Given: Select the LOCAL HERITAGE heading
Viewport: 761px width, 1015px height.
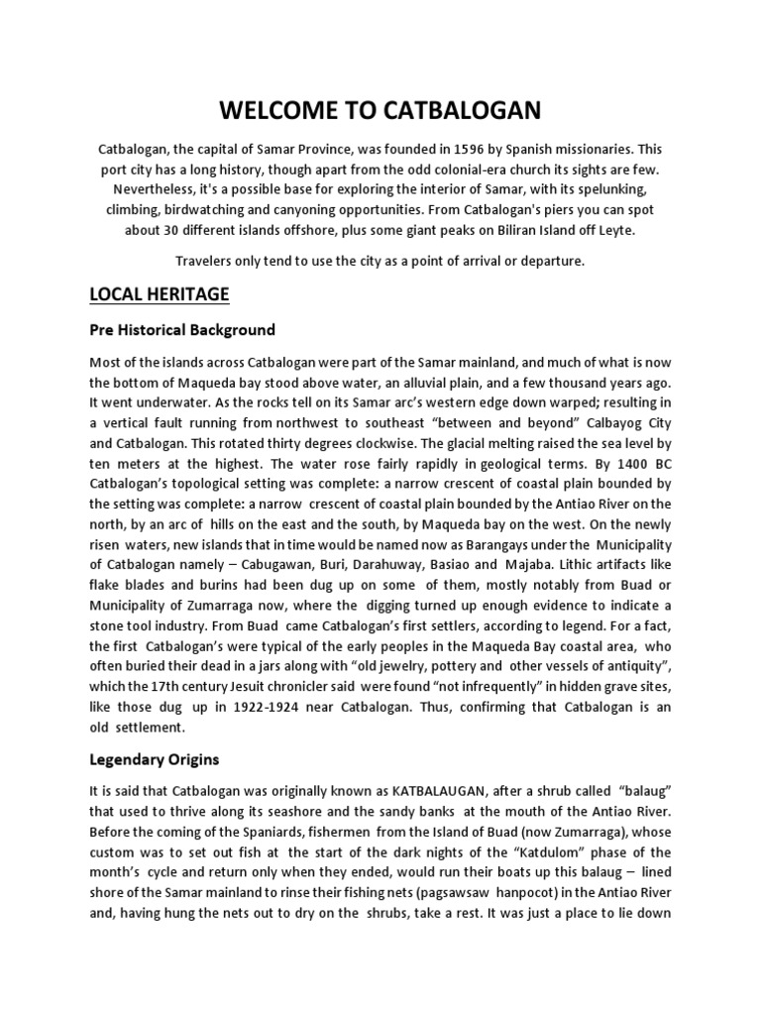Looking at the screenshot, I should coord(160,294).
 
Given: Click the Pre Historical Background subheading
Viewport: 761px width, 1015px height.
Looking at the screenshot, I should coord(182,329).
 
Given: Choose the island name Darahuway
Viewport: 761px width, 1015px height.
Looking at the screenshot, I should coord(422,566).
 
